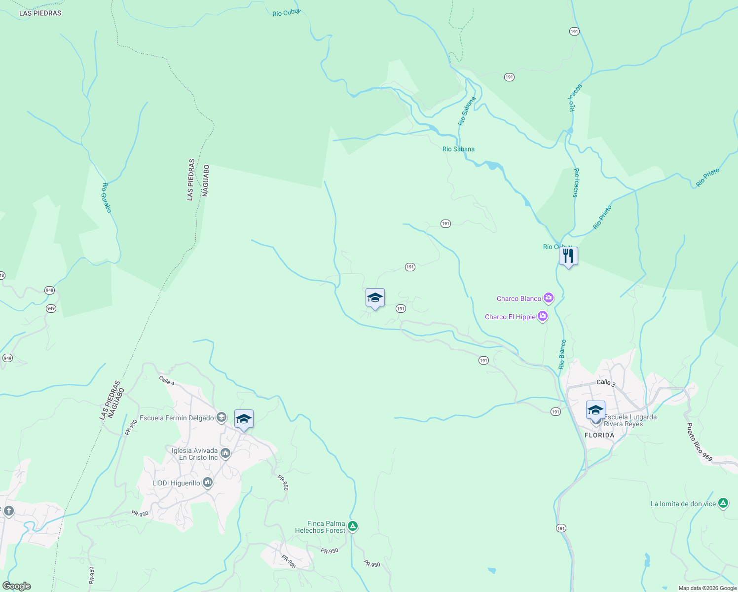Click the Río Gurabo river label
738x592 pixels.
pyautogui.click(x=107, y=198)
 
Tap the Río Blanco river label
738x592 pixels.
pyautogui.click(x=562, y=354)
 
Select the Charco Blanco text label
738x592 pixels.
pyautogui.click(x=519, y=298)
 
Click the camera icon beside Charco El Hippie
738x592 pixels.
pyautogui.click(x=543, y=316)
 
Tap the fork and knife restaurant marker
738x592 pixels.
pyautogui.click(x=568, y=256)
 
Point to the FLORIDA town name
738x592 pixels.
pyautogui.click(x=599, y=435)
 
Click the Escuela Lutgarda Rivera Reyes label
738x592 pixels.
pyautogui.click(x=630, y=420)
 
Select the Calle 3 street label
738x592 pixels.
pyautogui.click(x=606, y=382)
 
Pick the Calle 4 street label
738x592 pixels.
pyautogui.click(x=167, y=380)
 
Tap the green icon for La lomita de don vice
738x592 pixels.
pyautogui.click(x=723, y=503)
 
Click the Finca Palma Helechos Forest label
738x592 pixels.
pyautogui.click(x=320, y=527)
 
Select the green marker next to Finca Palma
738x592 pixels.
pyautogui.click(x=353, y=526)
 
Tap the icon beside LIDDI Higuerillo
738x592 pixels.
pyautogui.click(x=208, y=482)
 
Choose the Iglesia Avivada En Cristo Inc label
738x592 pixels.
pyautogui.click(x=194, y=454)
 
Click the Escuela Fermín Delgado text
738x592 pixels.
pyautogui.click(x=177, y=418)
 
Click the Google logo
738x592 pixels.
pyautogui.click(x=16, y=586)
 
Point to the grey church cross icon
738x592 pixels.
pyautogui.click(x=8, y=512)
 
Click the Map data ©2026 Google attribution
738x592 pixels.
pyautogui.click(x=707, y=588)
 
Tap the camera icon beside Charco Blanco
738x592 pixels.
pyautogui.click(x=548, y=298)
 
